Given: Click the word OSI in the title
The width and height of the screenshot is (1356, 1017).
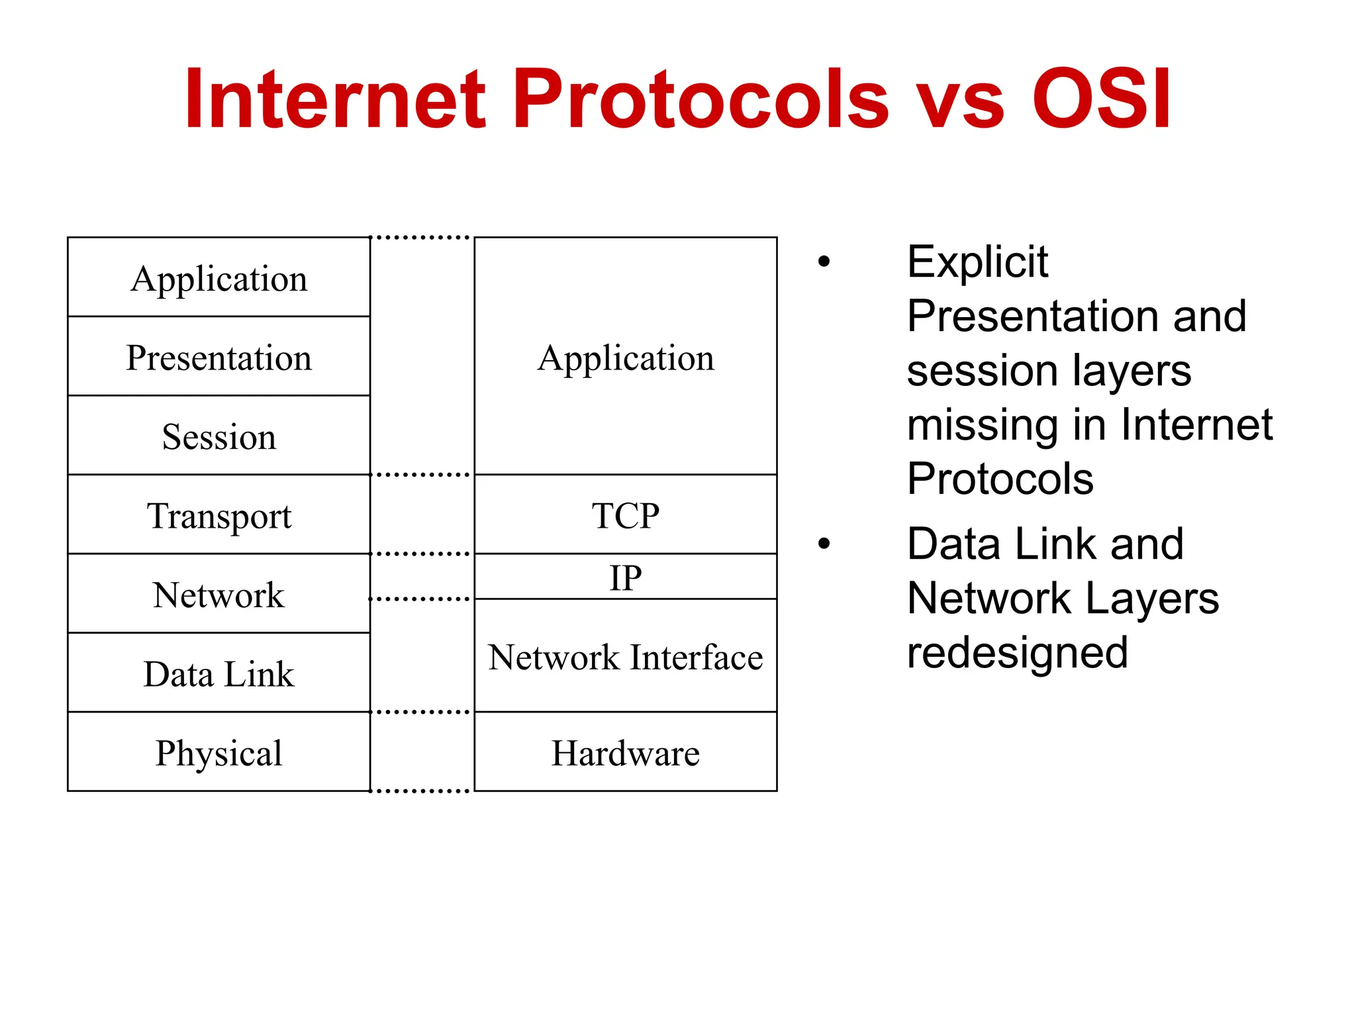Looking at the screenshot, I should (1102, 99).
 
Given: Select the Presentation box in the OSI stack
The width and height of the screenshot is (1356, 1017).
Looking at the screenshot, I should (218, 358).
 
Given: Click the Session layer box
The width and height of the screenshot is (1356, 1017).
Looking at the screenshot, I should (218, 436).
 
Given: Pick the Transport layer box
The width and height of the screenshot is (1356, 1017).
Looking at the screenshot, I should (218, 515).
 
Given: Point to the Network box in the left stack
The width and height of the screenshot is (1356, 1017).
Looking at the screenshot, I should (218, 594).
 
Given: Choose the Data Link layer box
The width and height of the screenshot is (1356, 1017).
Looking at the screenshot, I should (218, 673).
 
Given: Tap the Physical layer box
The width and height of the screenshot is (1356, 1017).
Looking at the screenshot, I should (218, 752).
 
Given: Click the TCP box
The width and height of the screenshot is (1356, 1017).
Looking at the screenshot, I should (625, 515).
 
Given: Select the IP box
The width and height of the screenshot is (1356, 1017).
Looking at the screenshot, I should (625, 577).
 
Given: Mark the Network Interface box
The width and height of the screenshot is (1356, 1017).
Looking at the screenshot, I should (625, 656).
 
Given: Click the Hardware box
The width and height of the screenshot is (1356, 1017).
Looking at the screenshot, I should (625, 752).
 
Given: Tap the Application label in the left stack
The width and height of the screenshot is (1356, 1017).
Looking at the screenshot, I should (218, 278).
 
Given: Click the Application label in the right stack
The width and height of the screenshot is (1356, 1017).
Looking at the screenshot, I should (625, 358).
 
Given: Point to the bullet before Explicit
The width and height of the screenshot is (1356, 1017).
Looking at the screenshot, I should (824, 262).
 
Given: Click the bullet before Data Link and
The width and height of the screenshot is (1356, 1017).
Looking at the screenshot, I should (824, 544).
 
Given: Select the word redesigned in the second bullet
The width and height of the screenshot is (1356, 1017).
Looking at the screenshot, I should (1017, 653).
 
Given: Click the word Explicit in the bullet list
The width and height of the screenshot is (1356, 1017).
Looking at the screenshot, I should (977, 262).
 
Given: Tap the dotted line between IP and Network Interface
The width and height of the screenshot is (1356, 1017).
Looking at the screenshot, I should (420, 599).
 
